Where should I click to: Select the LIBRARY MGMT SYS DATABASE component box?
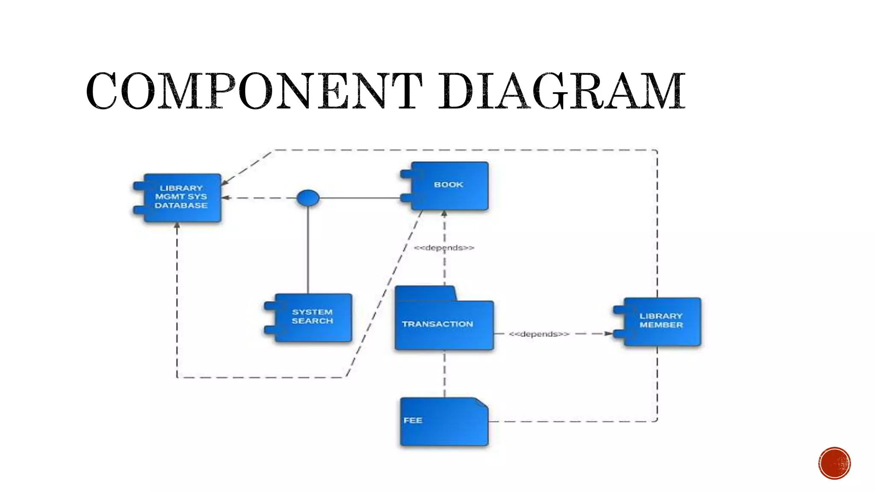(x=182, y=197)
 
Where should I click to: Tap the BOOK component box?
(x=449, y=186)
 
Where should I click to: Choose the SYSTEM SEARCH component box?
(x=313, y=317)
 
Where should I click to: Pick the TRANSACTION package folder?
(x=444, y=325)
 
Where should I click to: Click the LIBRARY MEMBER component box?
(x=661, y=321)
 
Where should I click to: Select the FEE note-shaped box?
(x=443, y=422)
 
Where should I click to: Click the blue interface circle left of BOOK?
(x=308, y=198)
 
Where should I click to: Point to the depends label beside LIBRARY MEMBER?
(x=539, y=334)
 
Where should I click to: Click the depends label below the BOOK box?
(x=444, y=248)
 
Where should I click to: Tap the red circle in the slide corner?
(x=834, y=463)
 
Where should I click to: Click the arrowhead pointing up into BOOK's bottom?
(x=444, y=213)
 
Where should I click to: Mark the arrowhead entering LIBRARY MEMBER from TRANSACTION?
(x=609, y=334)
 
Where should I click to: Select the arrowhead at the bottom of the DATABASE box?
(x=177, y=225)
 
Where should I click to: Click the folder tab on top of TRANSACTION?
(x=425, y=293)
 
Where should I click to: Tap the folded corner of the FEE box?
(x=482, y=403)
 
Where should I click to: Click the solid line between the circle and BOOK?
(x=359, y=198)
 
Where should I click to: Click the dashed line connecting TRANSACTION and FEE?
(x=444, y=374)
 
